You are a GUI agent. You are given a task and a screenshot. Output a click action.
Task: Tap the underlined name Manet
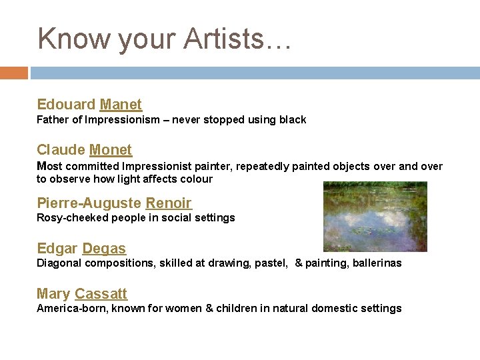coord(121,105)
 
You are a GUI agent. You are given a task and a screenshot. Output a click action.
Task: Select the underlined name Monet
coord(111,150)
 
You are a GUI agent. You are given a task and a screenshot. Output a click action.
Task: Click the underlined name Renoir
coord(169,203)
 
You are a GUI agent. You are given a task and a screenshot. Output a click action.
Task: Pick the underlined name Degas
coord(104,249)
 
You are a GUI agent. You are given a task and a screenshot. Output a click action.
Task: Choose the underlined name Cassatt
coord(101,294)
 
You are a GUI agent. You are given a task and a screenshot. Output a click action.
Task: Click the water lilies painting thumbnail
coord(375,217)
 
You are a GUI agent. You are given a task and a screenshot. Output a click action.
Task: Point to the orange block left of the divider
coord(13,73)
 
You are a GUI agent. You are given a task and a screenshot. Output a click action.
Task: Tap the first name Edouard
coord(66,105)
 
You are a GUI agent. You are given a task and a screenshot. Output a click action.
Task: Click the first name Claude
coord(61,150)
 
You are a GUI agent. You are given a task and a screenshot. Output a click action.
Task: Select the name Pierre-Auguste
coord(89,203)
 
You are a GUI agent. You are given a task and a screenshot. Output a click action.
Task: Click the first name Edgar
coord(57,249)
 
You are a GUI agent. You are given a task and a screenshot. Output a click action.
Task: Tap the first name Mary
coord(53,294)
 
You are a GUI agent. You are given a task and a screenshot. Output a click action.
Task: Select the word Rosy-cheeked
coord(73,218)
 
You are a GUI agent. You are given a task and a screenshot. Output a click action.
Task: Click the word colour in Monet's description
coord(197,179)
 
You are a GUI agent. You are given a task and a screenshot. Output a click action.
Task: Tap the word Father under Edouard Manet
coord(52,120)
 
